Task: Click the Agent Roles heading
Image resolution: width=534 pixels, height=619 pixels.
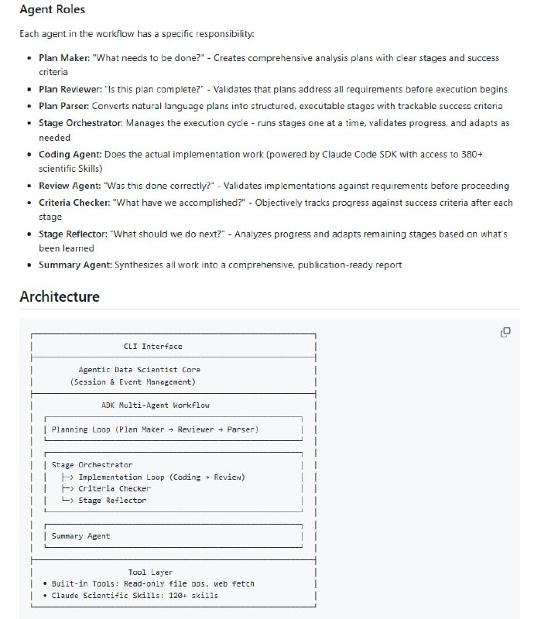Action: pos(53,10)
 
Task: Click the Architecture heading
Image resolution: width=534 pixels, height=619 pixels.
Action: pos(60,296)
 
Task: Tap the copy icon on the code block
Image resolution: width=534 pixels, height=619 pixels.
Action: pos(505,332)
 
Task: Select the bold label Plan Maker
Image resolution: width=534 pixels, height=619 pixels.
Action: pos(63,58)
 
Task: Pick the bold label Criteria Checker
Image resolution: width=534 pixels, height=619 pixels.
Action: pos(74,202)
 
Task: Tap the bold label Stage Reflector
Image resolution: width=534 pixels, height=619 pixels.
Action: pos(74,234)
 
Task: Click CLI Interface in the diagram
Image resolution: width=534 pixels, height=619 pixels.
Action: pos(153,346)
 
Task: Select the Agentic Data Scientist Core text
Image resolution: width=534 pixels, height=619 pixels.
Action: pos(139,370)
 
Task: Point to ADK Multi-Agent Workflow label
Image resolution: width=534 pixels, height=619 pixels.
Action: pos(155,405)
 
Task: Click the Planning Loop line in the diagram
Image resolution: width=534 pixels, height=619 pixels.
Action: pos(155,429)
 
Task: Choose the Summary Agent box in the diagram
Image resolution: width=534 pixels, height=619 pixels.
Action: pos(80,536)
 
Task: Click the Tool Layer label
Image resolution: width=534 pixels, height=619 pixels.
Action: pos(150,573)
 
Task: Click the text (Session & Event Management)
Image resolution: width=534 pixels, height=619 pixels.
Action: pos(133,381)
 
